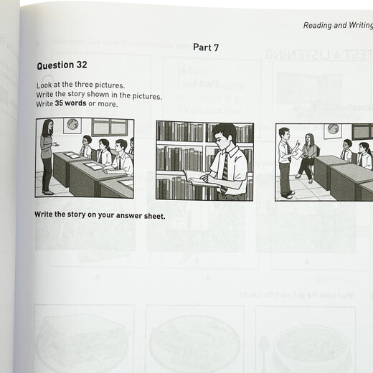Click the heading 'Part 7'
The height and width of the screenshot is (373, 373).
[207, 47]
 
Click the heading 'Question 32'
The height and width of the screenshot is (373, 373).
[62, 65]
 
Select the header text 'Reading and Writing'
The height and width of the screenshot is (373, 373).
[336, 25]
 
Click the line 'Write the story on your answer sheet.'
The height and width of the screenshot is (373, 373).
[100, 214]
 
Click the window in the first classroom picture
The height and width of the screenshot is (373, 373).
[110, 127]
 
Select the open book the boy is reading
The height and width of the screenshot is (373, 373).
[196, 176]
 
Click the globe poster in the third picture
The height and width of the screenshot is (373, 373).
[332, 131]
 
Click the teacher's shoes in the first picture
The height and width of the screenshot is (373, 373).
[47, 192]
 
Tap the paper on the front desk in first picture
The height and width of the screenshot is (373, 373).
[73, 155]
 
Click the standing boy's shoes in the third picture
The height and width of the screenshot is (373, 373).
[288, 194]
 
